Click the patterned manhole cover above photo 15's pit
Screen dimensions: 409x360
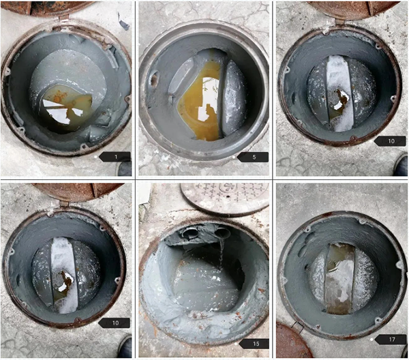coord(224,199)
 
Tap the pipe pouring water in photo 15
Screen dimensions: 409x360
coord(222,232)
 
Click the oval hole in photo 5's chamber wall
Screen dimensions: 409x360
coord(153,78)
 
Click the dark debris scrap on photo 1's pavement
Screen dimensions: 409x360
coord(123,22)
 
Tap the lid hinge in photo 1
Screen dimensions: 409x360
coord(63,18)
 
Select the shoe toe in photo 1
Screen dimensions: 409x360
coord(125,169)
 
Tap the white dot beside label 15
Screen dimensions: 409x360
coord(236,344)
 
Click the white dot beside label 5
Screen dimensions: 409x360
coord(234,157)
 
